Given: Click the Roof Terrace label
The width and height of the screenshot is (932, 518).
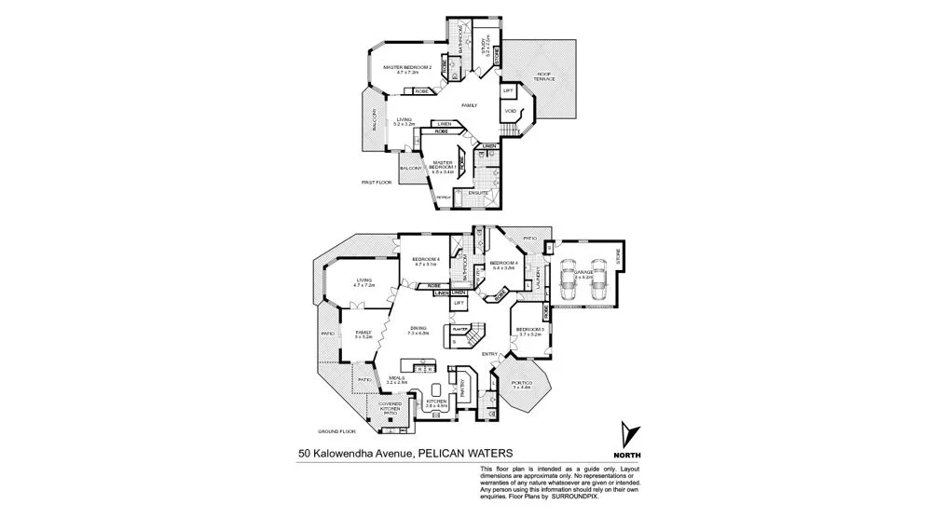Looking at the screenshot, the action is pos(544,77).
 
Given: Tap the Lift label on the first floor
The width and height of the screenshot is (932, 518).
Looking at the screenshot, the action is pos(508,91).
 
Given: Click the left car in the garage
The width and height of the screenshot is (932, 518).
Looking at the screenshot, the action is pos(571,276).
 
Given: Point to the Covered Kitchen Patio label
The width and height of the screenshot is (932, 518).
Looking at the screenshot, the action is pos(391,409).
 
